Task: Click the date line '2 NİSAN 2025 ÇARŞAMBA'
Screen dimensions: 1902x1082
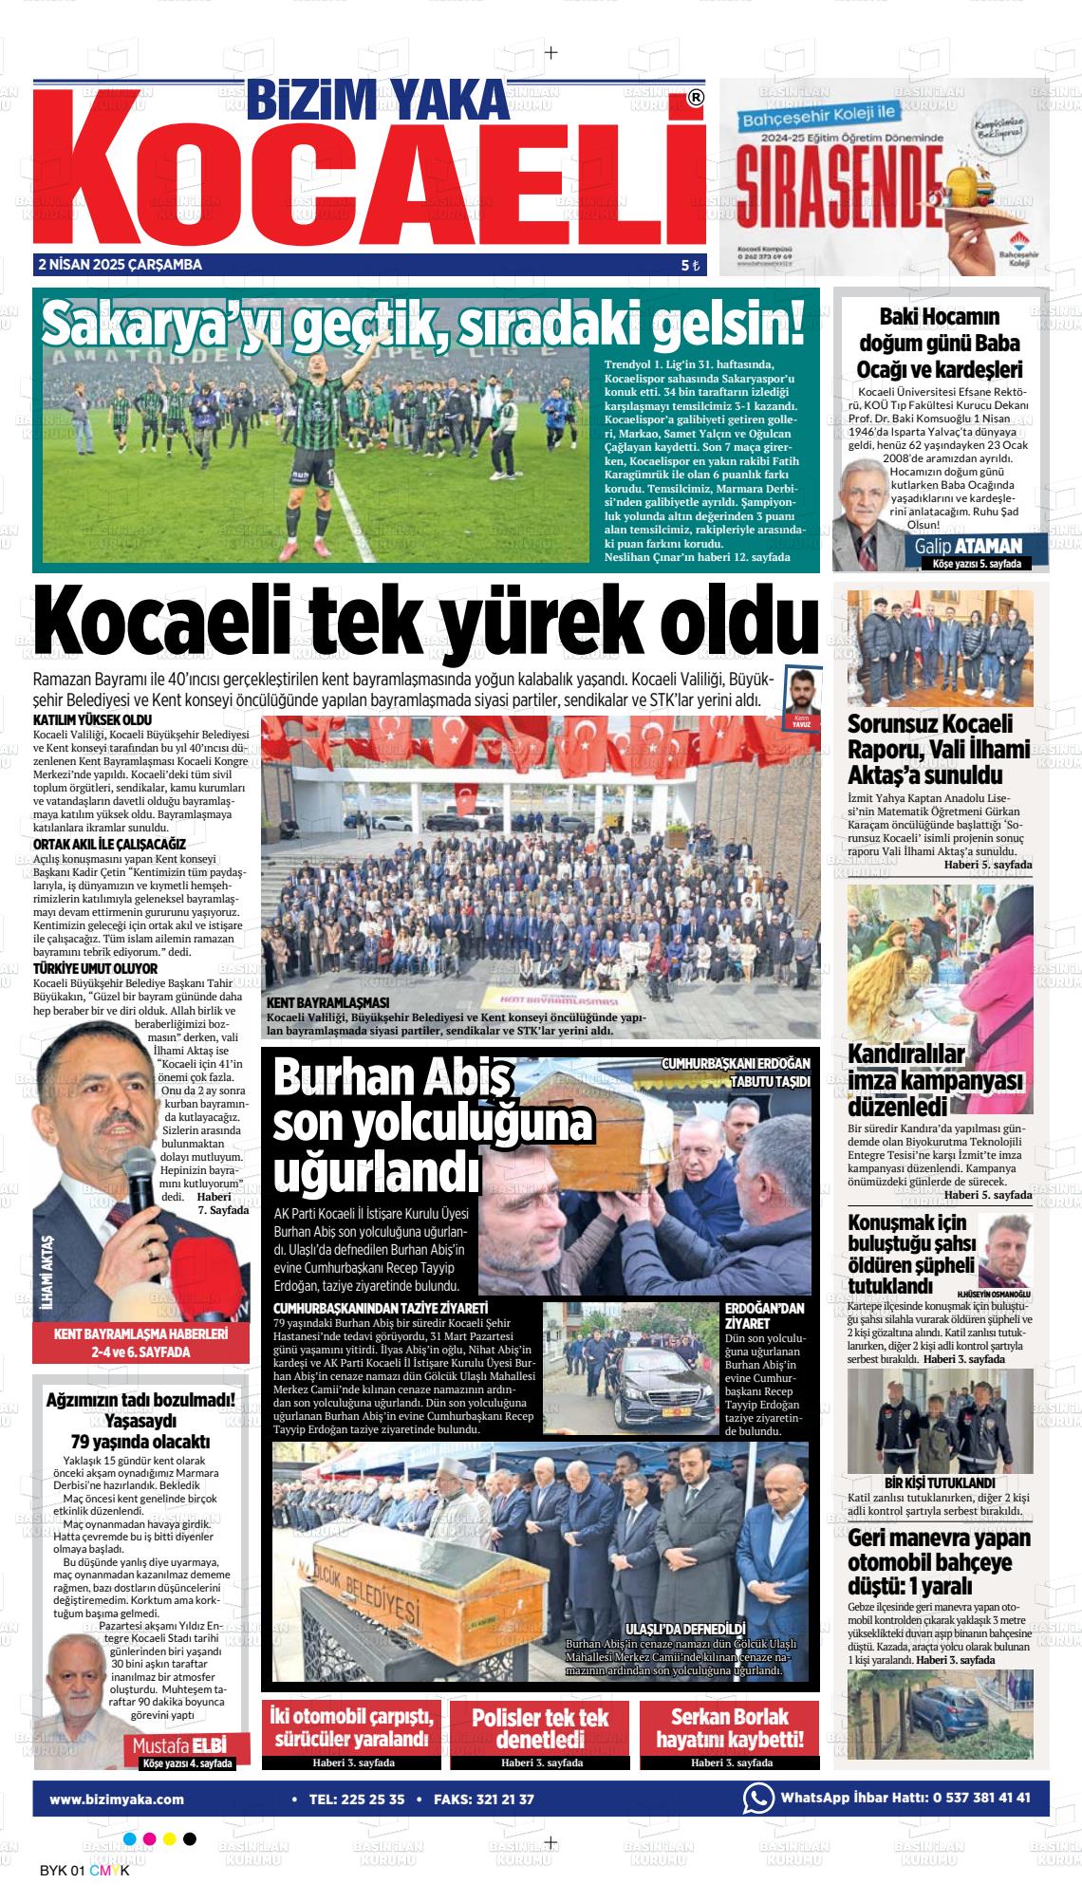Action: (120, 265)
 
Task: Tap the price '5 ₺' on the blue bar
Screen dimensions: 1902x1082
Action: (690, 266)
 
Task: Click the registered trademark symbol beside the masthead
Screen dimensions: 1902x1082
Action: (696, 98)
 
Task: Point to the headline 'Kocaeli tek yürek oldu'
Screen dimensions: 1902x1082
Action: (425, 624)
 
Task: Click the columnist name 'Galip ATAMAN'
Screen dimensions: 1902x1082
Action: (968, 546)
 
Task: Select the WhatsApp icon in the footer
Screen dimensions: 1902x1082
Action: (757, 1798)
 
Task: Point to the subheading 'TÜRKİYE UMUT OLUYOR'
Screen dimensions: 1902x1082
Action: (95, 968)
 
